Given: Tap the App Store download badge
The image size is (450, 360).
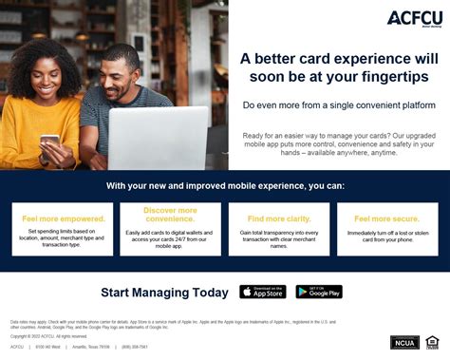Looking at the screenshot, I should click(263, 293).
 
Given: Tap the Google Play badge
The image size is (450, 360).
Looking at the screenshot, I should click(319, 293).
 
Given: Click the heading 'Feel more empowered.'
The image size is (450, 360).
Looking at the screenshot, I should click(64, 218).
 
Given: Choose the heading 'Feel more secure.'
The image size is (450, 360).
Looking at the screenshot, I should click(385, 218).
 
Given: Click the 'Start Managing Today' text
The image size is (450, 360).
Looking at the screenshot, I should click(164, 293).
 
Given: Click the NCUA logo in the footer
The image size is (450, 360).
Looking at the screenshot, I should click(404, 342).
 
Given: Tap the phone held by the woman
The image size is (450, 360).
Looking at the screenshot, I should click(49, 141).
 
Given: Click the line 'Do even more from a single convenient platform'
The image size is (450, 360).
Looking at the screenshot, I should click(339, 105).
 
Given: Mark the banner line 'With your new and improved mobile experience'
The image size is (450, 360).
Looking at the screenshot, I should click(225, 185).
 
